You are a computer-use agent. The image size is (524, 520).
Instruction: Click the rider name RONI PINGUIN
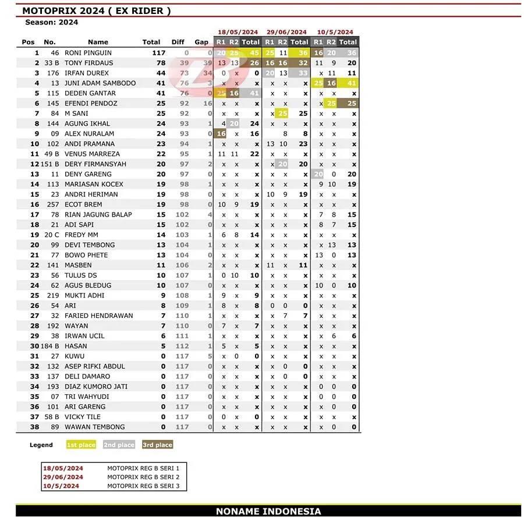pyautogui.click(x=88, y=53)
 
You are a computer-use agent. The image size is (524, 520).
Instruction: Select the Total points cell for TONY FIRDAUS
pyautogui.click(x=160, y=63)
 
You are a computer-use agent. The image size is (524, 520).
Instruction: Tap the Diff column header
pyautogui.click(x=178, y=42)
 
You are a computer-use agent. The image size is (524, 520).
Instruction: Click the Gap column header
pyautogui.click(x=201, y=42)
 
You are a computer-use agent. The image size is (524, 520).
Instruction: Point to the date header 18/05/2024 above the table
pyautogui.click(x=238, y=33)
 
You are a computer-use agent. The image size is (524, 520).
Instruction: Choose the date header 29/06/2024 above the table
pyautogui.click(x=286, y=33)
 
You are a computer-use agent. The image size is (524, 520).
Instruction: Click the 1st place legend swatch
pyautogui.click(x=81, y=445)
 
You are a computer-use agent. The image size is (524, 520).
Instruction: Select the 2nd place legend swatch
pyautogui.click(x=119, y=445)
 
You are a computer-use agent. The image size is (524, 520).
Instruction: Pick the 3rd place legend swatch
pyautogui.click(x=157, y=445)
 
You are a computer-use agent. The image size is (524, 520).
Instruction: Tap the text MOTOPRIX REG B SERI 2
pyautogui.click(x=143, y=477)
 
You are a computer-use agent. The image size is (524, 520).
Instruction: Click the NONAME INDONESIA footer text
pyautogui.click(x=268, y=511)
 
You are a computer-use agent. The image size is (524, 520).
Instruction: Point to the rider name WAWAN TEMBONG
pyautogui.click(x=95, y=427)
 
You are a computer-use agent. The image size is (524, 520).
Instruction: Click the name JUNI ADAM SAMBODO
pyautogui.click(x=100, y=83)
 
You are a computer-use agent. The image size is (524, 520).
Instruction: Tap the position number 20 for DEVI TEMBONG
pyautogui.click(x=35, y=245)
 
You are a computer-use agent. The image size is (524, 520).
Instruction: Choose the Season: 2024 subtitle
pyautogui.click(x=51, y=22)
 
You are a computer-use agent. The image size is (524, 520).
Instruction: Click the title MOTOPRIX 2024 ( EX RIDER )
pyautogui.click(x=96, y=10)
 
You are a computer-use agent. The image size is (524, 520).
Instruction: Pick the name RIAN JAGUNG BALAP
pyautogui.click(x=98, y=215)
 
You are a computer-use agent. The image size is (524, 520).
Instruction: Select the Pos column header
pyautogui.click(x=28, y=42)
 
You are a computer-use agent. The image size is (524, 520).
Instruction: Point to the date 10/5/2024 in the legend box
pyautogui.click(x=61, y=486)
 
